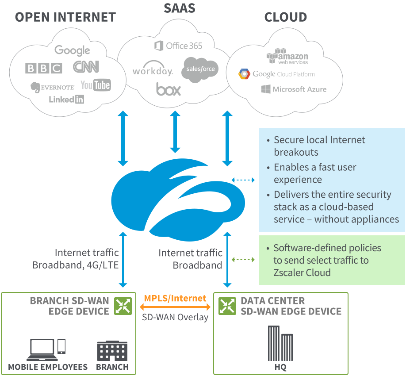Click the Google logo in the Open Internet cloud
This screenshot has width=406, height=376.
(x=72, y=50)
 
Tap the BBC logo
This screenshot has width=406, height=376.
(x=43, y=68)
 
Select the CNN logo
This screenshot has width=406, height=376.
(x=86, y=67)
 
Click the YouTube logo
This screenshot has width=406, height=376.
(x=96, y=85)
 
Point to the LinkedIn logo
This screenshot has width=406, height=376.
(x=66, y=99)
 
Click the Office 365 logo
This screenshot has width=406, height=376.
(x=178, y=46)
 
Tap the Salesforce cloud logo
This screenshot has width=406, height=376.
(x=200, y=69)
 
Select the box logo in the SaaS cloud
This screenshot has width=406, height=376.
(x=169, y=89)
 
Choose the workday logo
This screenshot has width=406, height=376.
(x=153, y=70)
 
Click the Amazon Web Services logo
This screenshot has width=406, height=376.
(x=287, y=57)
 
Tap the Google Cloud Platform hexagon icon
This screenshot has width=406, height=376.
(x=244, y=74)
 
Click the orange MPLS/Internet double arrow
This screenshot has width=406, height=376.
(x=175, y=307)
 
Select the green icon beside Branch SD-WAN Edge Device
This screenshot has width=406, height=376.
(x=123, y=306)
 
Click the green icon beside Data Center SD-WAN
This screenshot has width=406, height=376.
(x=227, y=306)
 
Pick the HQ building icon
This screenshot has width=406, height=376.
(x=280, y=343)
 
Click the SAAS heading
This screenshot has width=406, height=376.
(x=180, y=8)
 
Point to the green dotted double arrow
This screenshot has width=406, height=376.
(x=244, y=260)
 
